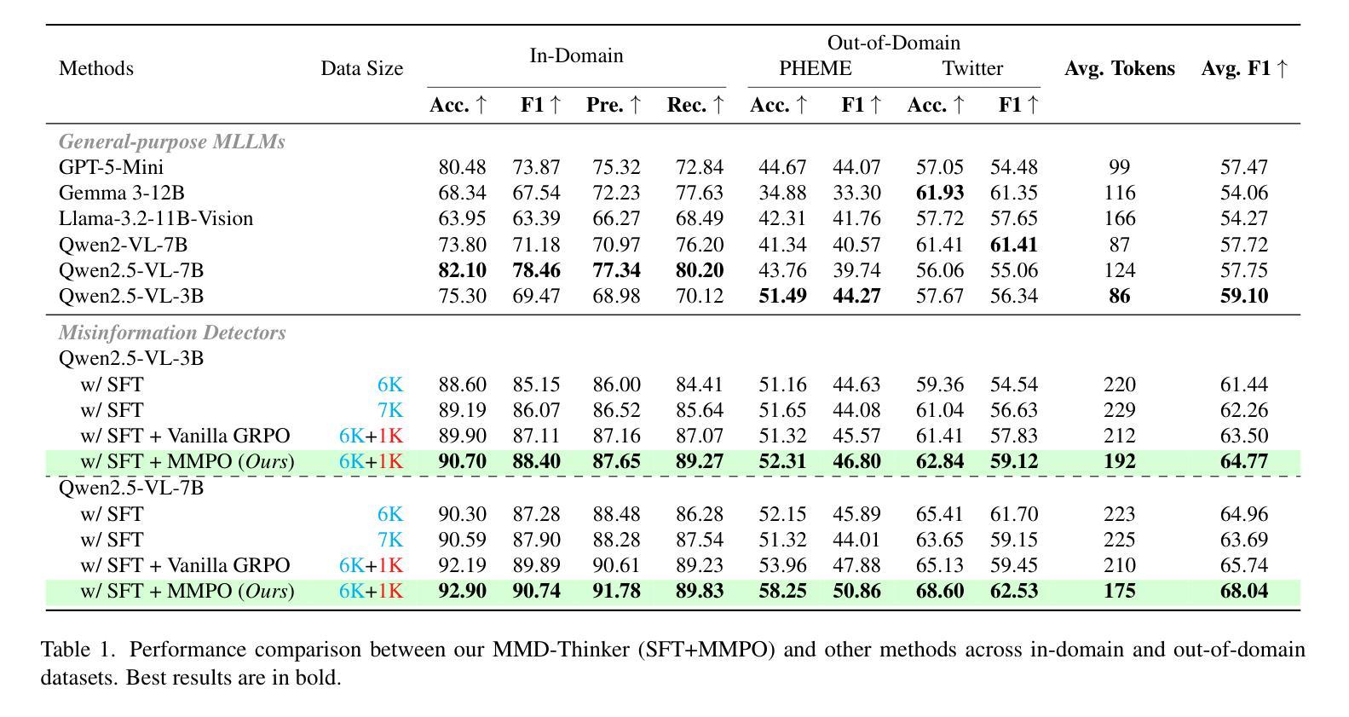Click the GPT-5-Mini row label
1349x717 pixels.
[x=111, y=167]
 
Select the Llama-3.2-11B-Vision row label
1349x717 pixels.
[x=156, y=218]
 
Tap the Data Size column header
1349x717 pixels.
[x=361, y=68]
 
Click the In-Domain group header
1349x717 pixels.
[x=576, y=55]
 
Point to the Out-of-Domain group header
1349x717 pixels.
[x=893, y=43]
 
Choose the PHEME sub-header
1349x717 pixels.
[x=815, y=68]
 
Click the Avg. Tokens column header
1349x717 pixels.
[x=1119, y=68]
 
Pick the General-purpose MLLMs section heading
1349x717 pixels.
[x=171, y=142]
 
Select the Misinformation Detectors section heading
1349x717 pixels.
[x=171, y=332]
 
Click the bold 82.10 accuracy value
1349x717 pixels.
[x=462, y=270]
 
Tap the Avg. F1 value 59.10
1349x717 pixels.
[x=1243, y=296]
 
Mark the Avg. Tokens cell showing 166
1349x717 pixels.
[x=1119, y=218]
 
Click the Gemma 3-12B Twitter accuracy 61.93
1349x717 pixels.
[x=939, y=193]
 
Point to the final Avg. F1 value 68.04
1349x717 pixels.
[x=1243, y=591]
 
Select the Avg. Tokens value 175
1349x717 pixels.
[x=1119, y=591]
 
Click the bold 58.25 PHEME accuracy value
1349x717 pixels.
[x=782, y=591]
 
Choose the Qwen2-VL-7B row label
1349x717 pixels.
[x=123, y=245]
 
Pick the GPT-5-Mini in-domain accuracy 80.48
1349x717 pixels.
[x=462, y=167]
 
